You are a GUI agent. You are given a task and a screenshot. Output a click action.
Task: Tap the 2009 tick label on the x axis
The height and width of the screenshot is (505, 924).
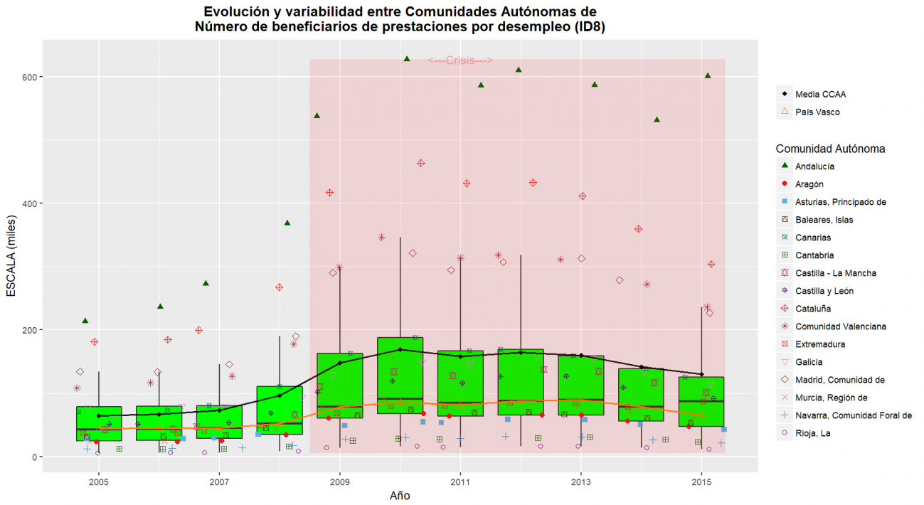pyautogui.click(x=340, y=474)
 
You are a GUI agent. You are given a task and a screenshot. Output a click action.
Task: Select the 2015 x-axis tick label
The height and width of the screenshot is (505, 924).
pyautogui.click(x=702, y=474)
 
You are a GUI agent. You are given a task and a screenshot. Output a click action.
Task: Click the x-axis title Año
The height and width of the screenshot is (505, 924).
pyautogui.click(x=400, y=495)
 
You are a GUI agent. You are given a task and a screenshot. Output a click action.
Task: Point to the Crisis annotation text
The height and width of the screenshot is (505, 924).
pyautogui.click(x=460, y=61)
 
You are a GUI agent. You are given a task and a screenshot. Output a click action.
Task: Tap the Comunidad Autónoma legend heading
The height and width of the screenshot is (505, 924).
pyautogui.click(x=830, y=149)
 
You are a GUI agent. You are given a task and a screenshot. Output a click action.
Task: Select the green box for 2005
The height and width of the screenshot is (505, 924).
pyautogui.click(x=99, y=424)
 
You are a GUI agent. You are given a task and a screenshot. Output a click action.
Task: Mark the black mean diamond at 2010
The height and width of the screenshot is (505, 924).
pyautogui.click(x=400, y=350)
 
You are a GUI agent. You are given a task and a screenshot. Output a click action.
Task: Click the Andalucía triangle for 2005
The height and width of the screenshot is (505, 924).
pyautogui.click(x=85, y=321)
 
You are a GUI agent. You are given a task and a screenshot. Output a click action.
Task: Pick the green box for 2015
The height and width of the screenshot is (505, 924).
pyautogui.click(x=701, y=402)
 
